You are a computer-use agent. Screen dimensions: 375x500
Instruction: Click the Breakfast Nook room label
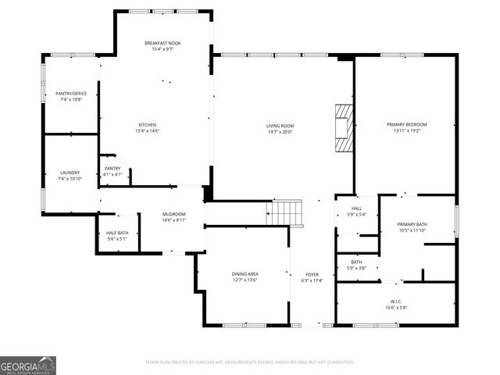pos(162,42)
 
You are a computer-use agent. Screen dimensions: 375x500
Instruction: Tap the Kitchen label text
pos(148,125)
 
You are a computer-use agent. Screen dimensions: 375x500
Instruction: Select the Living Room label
pos(280,125)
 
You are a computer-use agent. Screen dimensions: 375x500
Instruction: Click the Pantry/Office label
pos(71,94)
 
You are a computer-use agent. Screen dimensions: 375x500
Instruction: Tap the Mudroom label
pos(173,214)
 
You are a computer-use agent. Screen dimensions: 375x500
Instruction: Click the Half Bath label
pos(117,233)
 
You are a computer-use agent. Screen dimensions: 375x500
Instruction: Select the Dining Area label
pos(245,273)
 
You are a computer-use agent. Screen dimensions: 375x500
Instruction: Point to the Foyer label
pos(312,274)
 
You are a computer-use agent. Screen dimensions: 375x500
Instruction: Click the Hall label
pos(356,209)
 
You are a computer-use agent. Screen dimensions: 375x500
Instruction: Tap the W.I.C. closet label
pos(396,301)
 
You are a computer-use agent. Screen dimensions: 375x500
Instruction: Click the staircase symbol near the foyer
pos(287,212)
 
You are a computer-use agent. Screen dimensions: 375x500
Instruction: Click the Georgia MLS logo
pos(28,365)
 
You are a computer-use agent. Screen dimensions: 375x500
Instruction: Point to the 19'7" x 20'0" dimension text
pos(280,131)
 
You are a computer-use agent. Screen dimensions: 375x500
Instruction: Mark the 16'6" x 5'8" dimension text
pos(396,307)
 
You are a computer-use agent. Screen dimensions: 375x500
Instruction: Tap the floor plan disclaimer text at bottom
pos(250,362)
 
